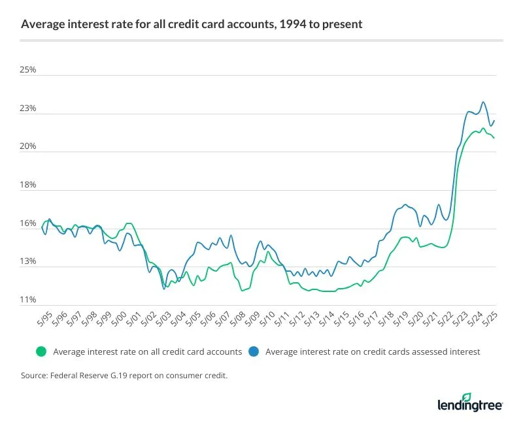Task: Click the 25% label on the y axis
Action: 28,70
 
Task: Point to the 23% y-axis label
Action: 28,108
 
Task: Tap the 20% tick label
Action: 28,147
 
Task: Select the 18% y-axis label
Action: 28,186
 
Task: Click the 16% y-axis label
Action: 28,224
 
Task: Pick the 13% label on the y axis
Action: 28,262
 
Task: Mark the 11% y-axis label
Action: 28,300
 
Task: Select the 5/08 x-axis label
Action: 238,320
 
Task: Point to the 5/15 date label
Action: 343,320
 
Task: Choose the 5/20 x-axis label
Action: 418,320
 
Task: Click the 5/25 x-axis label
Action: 492,320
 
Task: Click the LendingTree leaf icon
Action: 466,397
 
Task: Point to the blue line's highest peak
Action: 483,102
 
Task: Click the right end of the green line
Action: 494,138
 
